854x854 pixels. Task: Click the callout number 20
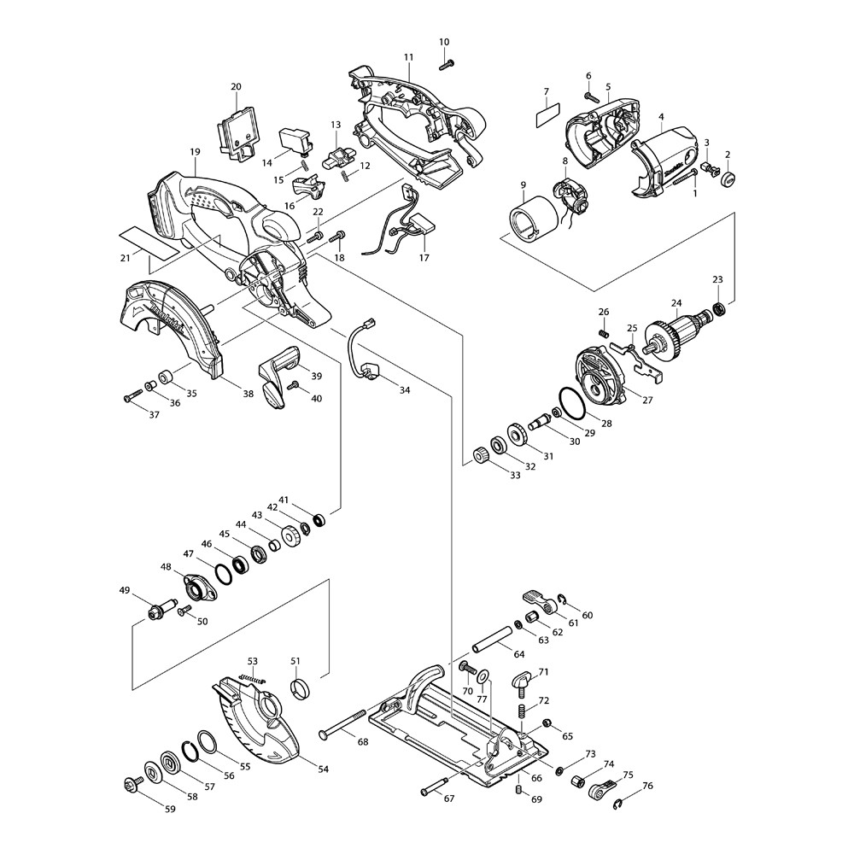pyautogui.click(x=237, y=86)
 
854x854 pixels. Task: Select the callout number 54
pyautogui.click(x=323, y=769)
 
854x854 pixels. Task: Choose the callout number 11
pyautogui.click(x=408, y=56)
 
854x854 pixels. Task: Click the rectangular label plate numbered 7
pyautogui.click(x=544, y=115)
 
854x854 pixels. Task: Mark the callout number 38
pyautogui.click(x=248, y=395)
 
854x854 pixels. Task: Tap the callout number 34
pyautogui.click(x=405, y=390)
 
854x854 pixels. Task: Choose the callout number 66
pyautogui.click(x=536, y=778)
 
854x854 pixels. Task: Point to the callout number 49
pyautogui.click(x=125, y=590)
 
